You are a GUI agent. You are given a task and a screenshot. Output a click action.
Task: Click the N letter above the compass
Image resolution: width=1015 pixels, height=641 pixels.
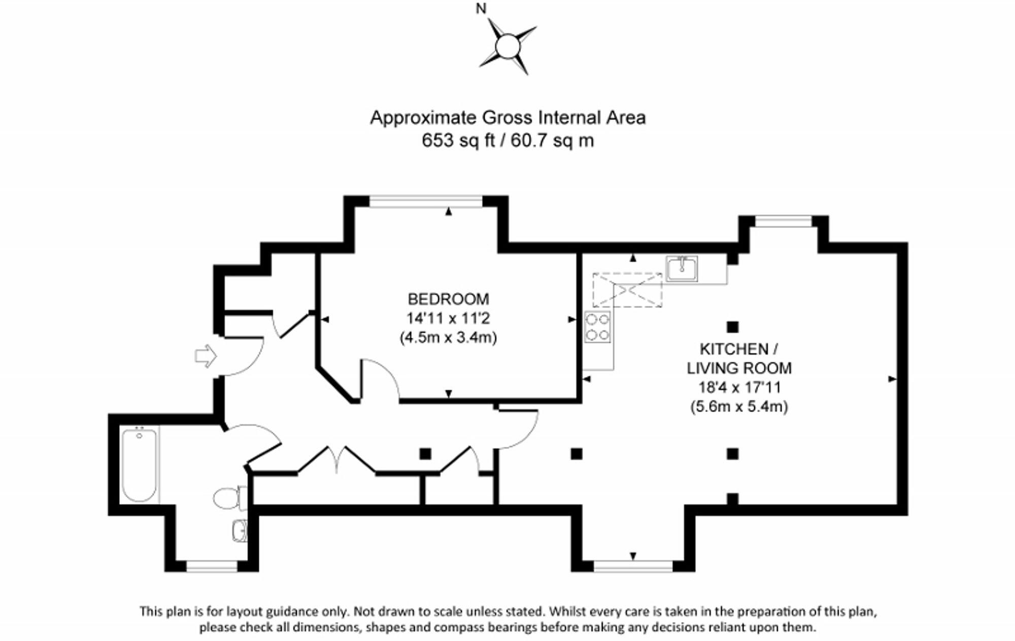coord(481,9)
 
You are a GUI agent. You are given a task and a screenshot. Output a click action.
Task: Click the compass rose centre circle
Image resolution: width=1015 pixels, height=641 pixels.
coord(507,47)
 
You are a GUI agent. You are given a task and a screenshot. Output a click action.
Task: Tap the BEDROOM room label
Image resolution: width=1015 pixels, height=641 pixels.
coord(448,299)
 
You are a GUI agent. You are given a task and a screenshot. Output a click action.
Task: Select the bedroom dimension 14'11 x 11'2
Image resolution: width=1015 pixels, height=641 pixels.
coord(448,318)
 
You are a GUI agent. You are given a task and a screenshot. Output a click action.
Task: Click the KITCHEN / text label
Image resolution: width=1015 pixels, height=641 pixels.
coord(738,349)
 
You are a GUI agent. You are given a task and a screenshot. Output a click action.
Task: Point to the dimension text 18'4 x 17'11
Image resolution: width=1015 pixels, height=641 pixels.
coord(739,388)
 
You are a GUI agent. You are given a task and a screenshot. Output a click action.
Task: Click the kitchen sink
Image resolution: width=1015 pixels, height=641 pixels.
coord(682,269)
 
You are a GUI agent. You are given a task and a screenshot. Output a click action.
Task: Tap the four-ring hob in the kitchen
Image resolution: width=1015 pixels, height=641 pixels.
coord(597,327)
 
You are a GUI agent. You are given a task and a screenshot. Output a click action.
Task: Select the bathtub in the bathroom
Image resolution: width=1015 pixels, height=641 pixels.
coord(139,464)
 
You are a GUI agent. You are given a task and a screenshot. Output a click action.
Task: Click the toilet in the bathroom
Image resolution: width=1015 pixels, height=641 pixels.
coord(230,498)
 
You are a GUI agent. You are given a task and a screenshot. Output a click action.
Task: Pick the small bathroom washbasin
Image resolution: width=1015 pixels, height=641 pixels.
coord(240,531)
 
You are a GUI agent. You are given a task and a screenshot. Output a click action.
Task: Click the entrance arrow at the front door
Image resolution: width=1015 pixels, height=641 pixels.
coord(206,356)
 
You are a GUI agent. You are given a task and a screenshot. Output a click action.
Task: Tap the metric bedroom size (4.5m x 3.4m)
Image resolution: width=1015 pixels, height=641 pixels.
coord(448,337)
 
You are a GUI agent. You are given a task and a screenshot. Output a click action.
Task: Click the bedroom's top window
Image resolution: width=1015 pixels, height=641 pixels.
coord(426,202)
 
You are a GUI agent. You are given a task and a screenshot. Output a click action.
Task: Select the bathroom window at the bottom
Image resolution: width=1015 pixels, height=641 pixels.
coord(212,565)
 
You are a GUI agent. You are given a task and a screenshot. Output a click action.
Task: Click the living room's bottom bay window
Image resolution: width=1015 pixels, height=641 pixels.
coord(633,565)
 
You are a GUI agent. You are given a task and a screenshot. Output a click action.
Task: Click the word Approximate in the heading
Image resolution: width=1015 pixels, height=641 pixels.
coord(424,118)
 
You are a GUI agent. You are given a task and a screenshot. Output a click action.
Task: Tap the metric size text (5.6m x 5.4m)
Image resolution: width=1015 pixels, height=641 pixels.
coord(739,407)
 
